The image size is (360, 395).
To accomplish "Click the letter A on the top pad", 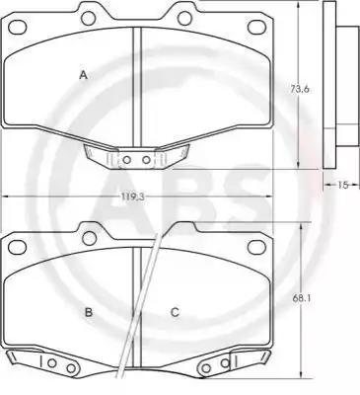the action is (x=84, y=75).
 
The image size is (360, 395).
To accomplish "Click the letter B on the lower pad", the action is (x=89, y=312).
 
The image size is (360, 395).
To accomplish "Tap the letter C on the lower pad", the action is (x=175, y=312).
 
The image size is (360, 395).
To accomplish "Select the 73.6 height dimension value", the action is (x=300, y=89).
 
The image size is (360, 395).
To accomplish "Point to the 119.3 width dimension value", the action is (x=131, y=197).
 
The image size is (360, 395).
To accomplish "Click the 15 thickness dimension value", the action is (x=342, y=186).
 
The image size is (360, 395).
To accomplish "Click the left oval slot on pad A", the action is (x=17, y=27).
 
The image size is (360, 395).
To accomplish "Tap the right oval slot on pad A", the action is (x=256, y=27).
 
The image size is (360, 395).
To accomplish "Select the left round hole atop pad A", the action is (x=89, y=18).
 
